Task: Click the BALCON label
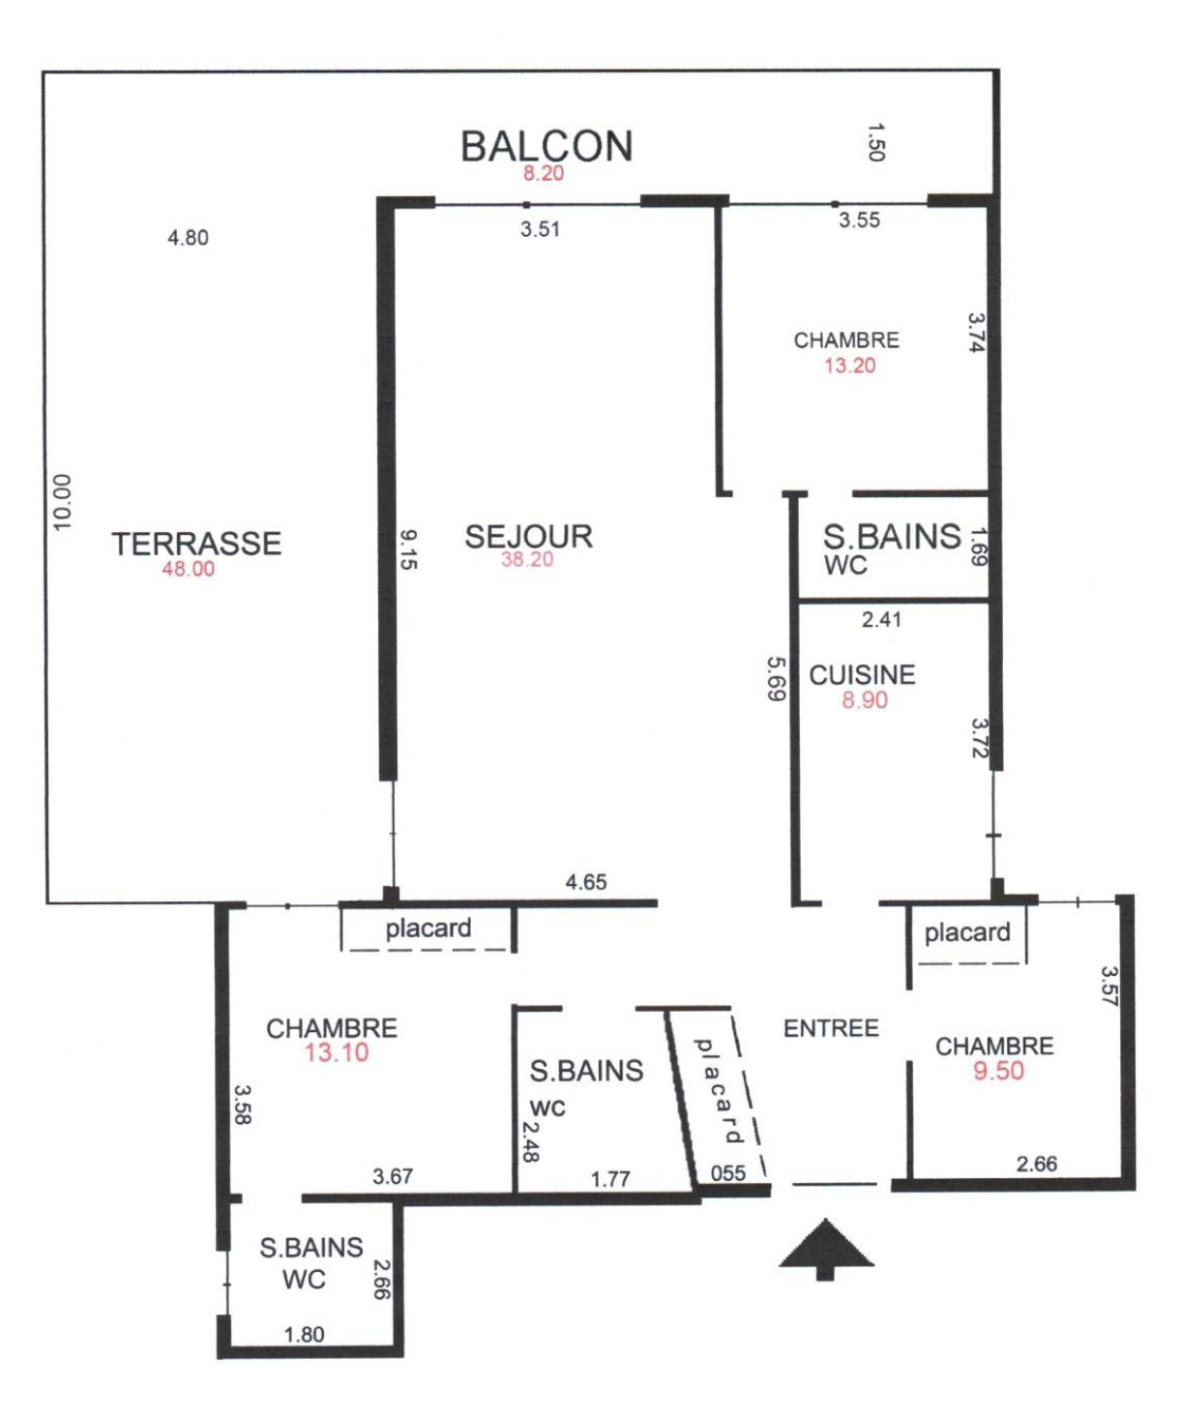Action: click(x=547, y=146)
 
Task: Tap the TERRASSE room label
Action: click(x=196, y=544)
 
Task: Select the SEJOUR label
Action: click(x=528, y=537)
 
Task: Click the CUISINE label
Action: click(x=863, y=675)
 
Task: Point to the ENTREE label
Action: click(x=831, y=1029)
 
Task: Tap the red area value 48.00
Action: click(x=188, y=569)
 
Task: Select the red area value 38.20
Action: click(x=527, y=559)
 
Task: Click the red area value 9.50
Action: click(x=998, y=1071)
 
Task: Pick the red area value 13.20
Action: click(x=849, y=366)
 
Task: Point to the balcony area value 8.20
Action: click(x=544, y=173)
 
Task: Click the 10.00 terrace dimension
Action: click(x=62, y=502)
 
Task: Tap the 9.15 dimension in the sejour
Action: click(x=408, y=549)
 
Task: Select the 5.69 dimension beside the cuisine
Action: click(x=777, y=679)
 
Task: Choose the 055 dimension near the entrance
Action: click(x=728, y=1172)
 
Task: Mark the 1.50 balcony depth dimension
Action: click(x=876, y=142)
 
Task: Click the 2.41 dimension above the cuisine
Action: click(x=881, y=620)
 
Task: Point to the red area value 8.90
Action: click(x=865, y=699)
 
